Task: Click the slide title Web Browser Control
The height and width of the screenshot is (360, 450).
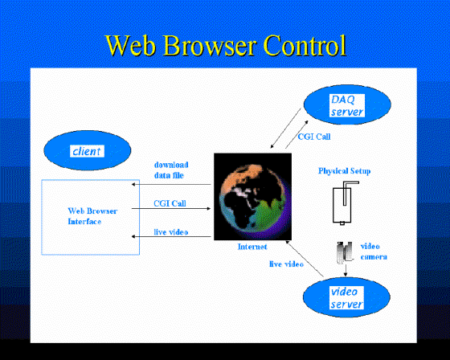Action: click(226, 45)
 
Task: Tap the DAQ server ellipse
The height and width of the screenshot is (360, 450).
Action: click(347, 104)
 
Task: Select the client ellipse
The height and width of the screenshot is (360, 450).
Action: click(88, 150)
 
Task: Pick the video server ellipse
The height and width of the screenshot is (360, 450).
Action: click(346, 297)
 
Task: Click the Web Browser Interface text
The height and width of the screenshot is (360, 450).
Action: click(92, 216)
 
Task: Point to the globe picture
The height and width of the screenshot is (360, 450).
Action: click(253, 197)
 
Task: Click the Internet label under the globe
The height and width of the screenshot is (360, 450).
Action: click(252, 247)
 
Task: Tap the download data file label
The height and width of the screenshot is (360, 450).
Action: click(171, 170)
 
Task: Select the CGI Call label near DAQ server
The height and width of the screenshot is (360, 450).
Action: click(314, 137)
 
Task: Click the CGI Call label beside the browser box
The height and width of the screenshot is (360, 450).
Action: click(170, 203)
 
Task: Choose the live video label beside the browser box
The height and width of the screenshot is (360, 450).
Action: click(171, 232)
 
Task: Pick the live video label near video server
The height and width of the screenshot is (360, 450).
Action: click(286, 264)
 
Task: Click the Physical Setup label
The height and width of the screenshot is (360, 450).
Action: click(345, 171)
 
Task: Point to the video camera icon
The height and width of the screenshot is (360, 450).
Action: click(344, 252)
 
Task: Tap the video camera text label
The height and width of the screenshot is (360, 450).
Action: click(374, 252)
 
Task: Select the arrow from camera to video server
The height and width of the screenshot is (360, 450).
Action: click(346, 271)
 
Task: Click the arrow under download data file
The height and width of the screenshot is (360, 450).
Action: click(171, 184)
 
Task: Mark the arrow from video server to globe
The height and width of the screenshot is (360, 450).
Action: click(305, 259)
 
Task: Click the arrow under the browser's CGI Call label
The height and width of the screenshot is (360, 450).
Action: click(171, 208)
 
